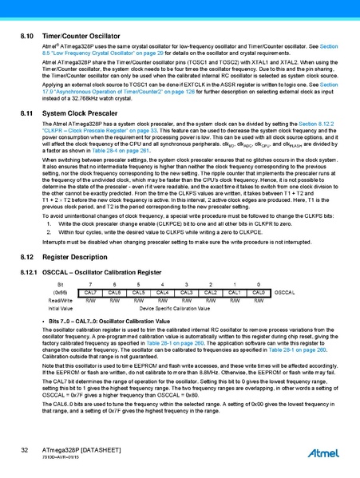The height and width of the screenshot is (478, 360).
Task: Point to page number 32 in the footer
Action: tap(25, 452)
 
